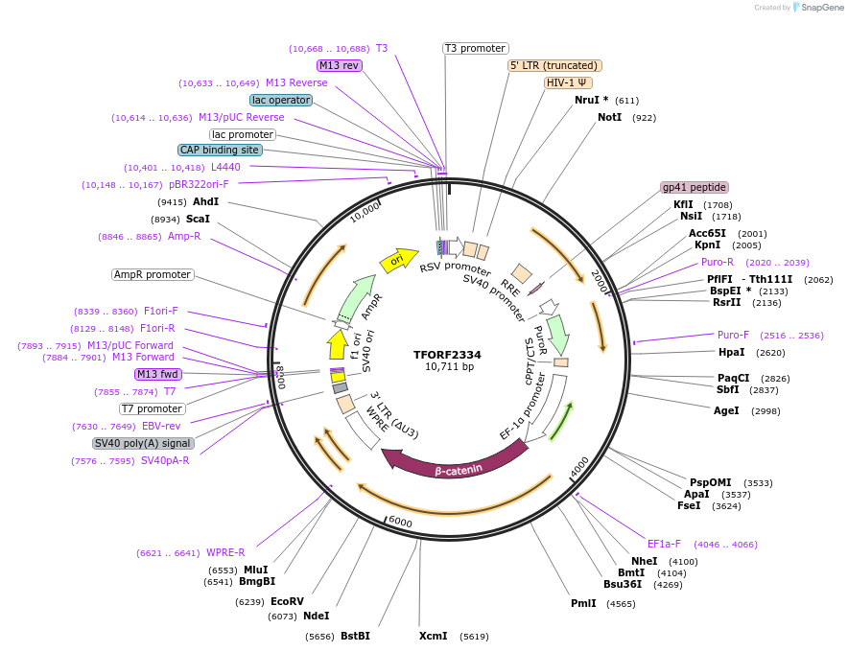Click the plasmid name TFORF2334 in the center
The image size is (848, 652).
point(447,354)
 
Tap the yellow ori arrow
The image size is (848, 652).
point(397,260)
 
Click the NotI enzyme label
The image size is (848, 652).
point(610,117)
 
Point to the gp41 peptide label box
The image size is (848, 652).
point(695,187)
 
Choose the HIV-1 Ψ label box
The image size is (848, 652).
point(568,82)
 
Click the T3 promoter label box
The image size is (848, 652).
point(476,48)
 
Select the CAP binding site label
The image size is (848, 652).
point(220,150)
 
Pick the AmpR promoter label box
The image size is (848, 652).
point(153,274)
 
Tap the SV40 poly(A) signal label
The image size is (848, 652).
point(143,443)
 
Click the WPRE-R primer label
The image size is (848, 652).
point(225,552)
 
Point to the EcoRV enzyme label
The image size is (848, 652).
point(287,601)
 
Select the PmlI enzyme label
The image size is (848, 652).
point(583,603)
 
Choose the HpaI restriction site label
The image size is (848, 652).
point(731,352)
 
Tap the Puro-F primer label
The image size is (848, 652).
point(733,335)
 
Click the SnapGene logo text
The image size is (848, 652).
point(817,8)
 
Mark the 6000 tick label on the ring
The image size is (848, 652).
point(400,523)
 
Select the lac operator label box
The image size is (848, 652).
point(280,100)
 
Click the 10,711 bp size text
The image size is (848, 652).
point(449,366)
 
